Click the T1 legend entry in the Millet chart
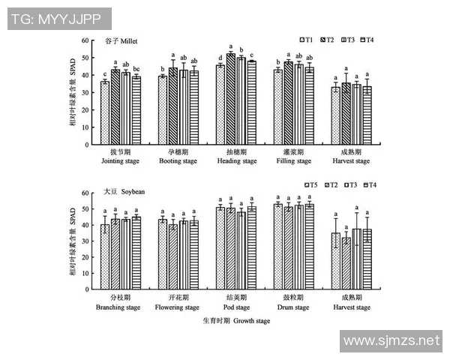(x=305, y=39)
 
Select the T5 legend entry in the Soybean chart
(x=305, y=184)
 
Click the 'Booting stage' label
(x=178, y=160)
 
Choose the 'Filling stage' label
(x=293, y=160)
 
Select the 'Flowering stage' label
(x=177, y=307)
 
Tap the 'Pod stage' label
(x=236, y=307)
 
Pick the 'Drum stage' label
(x=293, y=307)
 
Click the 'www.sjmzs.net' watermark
(x=390, y=341)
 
